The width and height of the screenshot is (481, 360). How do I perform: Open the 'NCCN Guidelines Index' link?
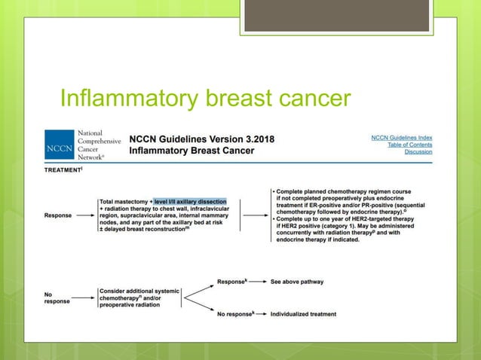coord(401,138)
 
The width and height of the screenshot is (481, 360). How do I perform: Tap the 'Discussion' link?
coord(418,151)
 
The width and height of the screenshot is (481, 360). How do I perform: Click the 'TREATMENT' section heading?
coord(66,171)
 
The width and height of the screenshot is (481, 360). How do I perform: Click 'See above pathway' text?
coord(296,282)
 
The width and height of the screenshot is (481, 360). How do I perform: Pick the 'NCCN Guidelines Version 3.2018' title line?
coord(202,139)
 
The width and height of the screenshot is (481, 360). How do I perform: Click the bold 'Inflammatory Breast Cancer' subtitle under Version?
coord(191,151)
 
